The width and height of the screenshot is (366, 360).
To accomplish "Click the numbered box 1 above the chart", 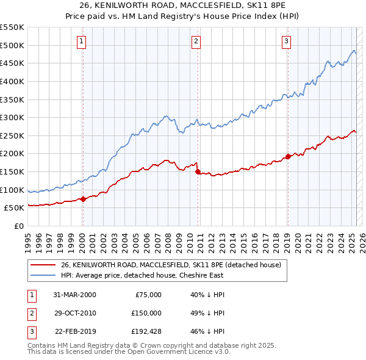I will (82, 41).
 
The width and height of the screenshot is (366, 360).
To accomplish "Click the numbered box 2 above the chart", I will (196, 41).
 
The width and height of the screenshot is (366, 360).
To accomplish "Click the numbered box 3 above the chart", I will (286, 41).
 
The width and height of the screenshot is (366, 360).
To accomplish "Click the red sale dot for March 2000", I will (84, 198).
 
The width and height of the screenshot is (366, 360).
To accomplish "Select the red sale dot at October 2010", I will (198, 171).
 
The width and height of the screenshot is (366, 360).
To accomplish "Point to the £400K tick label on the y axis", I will (12, 81).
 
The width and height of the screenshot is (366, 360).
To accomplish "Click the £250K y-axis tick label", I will (12, 135).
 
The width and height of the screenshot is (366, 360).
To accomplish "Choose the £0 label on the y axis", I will (18, 226).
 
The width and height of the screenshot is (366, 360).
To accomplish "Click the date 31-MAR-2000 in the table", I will (76, 295).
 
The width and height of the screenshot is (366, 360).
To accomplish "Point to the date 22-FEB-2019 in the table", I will (76, 331).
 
